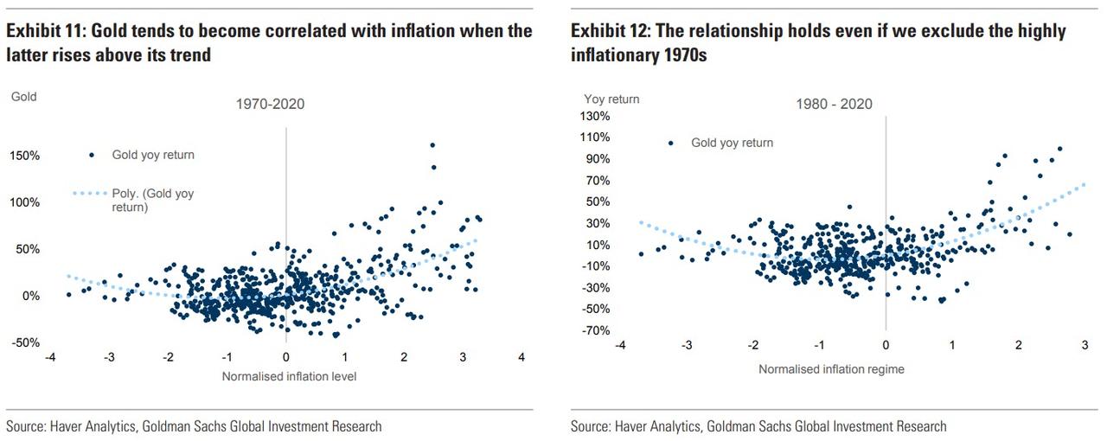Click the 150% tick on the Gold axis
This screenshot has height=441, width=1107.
tap(24, 156)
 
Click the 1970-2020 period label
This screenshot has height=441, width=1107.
tap(271, 104)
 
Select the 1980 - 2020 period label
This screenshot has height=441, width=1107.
tap(835, 104)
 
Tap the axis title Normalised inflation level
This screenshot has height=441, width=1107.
tap(289, 376)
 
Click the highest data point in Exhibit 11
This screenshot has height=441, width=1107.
tap(432, 144)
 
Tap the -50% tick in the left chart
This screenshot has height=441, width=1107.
tap(24, 342)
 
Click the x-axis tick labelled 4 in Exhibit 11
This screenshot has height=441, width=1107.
tap(522, 357)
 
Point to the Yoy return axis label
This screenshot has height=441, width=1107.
tap(611, 99)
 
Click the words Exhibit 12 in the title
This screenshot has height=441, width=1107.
tap(609, 32)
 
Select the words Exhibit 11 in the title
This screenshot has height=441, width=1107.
tap(44, 32)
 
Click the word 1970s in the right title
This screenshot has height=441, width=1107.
tap(682, 54)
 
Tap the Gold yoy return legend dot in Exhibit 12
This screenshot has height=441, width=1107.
tap(670, 143)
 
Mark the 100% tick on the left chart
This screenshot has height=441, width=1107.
tap(24, 202)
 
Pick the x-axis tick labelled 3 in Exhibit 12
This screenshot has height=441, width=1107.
tap(1085, 345)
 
